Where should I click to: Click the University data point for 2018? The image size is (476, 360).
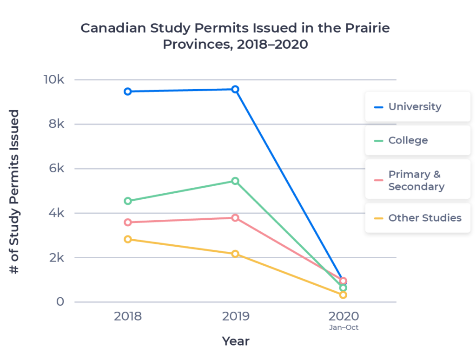coord(127,92)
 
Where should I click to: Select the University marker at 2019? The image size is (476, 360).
coord(236,89)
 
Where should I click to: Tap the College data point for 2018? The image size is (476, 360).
coord(127,201)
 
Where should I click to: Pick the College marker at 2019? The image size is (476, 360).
coord(236,181)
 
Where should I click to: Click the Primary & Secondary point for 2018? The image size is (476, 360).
coord(127,222)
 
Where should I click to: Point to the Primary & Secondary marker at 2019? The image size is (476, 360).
coord(236,217)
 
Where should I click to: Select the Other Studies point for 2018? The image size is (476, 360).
coord(127,239)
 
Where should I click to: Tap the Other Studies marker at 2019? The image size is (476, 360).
coord(236,254)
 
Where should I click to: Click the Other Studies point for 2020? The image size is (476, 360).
coord(343,295)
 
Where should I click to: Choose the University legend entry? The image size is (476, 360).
coord(417,106)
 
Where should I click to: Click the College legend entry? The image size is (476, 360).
coord(417,140)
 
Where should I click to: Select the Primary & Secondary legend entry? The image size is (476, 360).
coord(417,180)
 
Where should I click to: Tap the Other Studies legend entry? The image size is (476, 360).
coord(417,218)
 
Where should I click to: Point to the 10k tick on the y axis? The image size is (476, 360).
coord(54,79)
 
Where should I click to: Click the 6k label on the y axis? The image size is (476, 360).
coord(55,168)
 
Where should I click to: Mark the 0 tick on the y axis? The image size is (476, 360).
coord(60,302)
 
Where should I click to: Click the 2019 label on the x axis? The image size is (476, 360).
coord(236,316)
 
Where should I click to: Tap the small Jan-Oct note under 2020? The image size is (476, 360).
coord(344,327)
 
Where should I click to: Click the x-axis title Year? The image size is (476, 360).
coord(236,341)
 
